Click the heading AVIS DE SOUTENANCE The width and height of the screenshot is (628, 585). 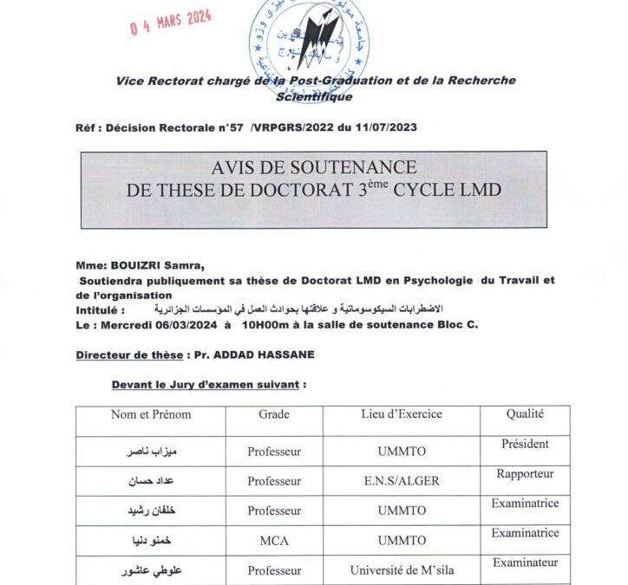point(313,167)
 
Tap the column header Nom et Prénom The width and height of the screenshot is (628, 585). point(151,414)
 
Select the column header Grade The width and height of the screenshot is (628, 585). point(274,414)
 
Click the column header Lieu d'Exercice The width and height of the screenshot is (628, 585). point(402,414)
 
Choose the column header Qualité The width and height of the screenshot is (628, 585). point(525,414)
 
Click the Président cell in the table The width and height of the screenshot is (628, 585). point(525,445)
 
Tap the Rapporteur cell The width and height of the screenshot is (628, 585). point(525,474)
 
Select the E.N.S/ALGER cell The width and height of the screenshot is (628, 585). point(402,481)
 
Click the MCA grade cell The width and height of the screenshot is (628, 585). point(274,541)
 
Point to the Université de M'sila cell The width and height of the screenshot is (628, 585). point(402,570)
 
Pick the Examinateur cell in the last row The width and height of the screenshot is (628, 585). point(525,563)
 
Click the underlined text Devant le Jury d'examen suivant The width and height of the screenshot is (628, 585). point(208,384)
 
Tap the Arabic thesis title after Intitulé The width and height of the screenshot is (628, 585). point(297,309)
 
